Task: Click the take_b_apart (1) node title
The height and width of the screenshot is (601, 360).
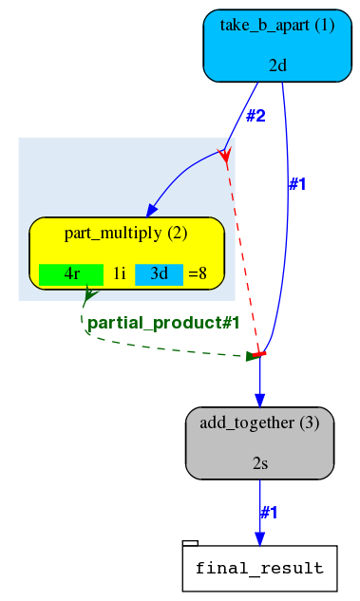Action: [x=276, y=26]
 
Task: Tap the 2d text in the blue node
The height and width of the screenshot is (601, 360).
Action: [x=277, y=66]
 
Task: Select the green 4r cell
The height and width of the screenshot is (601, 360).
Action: [x=71, y=274]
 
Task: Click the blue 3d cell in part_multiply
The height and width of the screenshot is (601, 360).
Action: [x=159, y=274]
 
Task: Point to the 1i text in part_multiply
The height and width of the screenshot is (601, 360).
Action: [x=119, y=274]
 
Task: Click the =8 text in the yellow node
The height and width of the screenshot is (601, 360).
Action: [x=198, y=274]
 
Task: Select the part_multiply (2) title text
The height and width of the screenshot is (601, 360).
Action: [x=125, y=233]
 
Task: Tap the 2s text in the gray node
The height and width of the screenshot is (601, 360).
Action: [x=259, y=463]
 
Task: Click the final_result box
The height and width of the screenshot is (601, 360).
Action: [x=259, y=569]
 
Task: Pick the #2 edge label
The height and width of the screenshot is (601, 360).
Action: [x=256, y=117]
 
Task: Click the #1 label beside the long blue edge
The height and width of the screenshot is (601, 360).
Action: [x=297, y=184]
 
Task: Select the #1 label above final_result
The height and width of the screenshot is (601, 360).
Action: [x=269, y=513]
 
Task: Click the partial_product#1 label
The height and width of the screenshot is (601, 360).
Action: [x=162, y=324]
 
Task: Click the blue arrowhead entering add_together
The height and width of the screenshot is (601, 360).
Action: [x=259, y=401]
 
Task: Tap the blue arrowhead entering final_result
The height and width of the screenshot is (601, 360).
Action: [x=259, y=538]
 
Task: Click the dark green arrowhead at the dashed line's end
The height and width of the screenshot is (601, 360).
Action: [x=253, y=356]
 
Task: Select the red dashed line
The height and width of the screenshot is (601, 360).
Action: [x=241, y=256]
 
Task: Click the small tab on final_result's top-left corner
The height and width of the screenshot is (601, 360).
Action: [x=190, y=542]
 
